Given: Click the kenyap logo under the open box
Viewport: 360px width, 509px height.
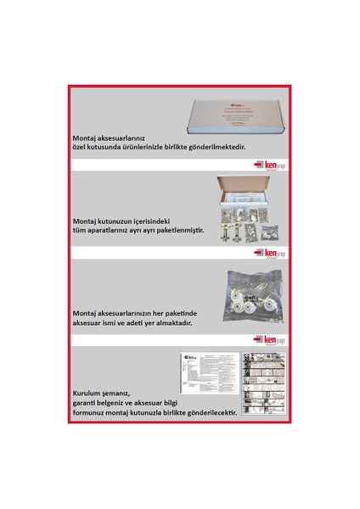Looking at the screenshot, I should coord(270,253).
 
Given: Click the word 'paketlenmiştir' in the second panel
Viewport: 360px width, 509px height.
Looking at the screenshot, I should coord(175,229).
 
